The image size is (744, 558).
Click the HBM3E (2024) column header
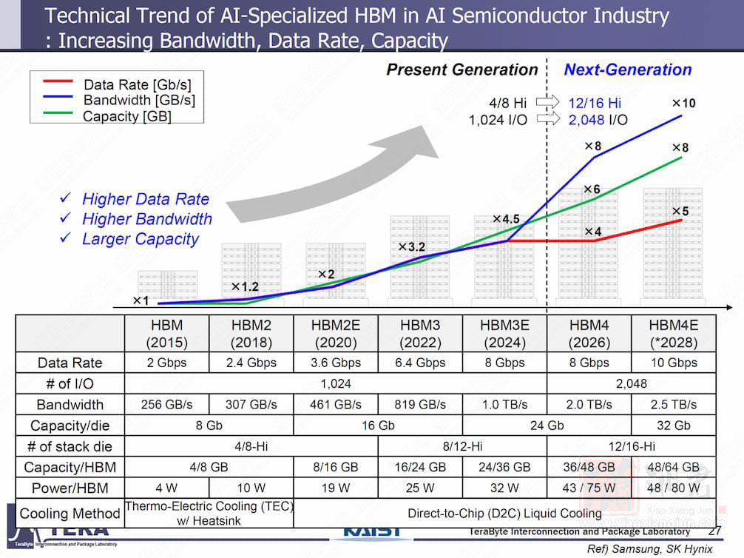click(x=504, y=334)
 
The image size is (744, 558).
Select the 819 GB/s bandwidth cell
click(x=420, y=405)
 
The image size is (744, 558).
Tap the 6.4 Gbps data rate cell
click(x=420, y=363)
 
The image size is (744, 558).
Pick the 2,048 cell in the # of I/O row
click(x=631, y=383)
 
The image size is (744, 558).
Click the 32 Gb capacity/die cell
click(x=673, y=426)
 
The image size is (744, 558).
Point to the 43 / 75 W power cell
click(x=589, y=488)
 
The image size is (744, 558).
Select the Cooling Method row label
click(x=70, y=513)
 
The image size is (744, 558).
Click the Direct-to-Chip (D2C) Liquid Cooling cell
click(x=504, y=513)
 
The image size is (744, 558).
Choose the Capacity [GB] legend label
click(x=127, y=116)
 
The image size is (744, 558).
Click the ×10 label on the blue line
click(x=683, y=103)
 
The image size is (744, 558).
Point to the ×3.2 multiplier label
click(x=412, y=246)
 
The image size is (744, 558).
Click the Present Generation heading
click(x=462, y=70)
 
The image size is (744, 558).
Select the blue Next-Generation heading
click(x=628, y=70)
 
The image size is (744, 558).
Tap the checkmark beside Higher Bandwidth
click(x=65, y=219)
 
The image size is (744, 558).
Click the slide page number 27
click(x=714, y=531)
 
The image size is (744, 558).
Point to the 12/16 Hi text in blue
click(x=594, y=103)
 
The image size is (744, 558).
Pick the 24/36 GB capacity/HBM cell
click(x=504, y=468)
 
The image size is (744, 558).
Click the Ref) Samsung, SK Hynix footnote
click(x=649, y=549)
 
